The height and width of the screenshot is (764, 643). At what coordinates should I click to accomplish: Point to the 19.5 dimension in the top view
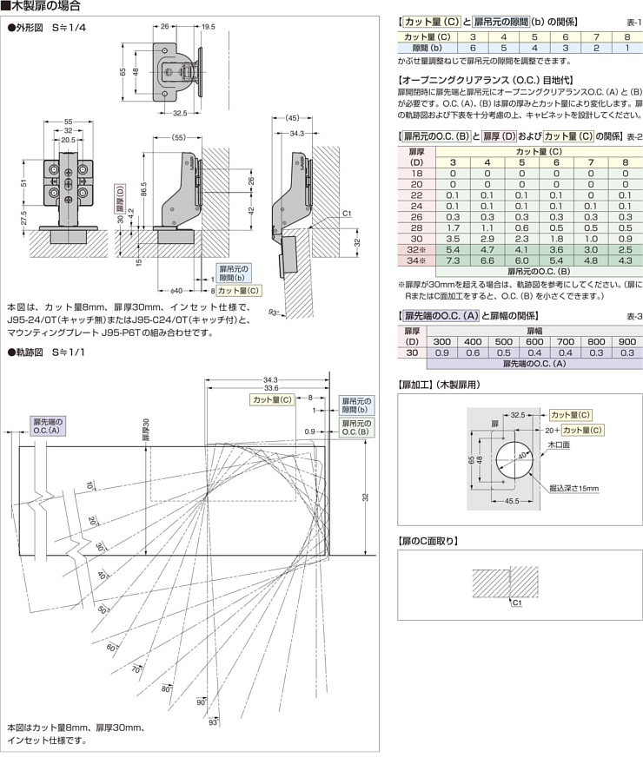(x=209, y=27)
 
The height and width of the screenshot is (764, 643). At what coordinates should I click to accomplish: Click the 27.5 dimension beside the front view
(x=23, y=214)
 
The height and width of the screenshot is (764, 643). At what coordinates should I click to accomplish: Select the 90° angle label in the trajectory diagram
(x=201, y=701)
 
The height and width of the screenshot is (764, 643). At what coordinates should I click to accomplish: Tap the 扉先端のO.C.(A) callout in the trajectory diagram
(x=47, y=425)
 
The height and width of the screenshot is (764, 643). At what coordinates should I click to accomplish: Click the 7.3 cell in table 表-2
(x=452, y=260)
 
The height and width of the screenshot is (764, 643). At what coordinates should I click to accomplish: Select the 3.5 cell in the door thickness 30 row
(x=452, y=237)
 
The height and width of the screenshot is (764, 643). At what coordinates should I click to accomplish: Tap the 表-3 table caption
(x=633, y=316)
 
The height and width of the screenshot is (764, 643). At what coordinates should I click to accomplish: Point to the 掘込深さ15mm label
(x=573, y=489)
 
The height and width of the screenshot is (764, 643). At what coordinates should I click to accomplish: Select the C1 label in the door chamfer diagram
(x=516, y=602)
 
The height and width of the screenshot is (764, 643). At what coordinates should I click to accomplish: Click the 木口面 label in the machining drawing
(x=558, y=445)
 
